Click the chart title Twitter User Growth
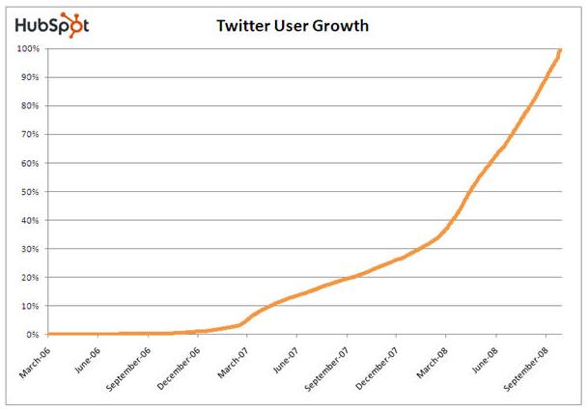(293, 26)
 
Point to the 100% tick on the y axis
(27, 48)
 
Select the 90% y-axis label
(29, 77)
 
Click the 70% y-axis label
(29, 134)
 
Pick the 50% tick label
(29, 191)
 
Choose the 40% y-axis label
(29, 220)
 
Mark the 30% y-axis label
(29, 249)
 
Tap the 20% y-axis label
(29, 277)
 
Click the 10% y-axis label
(29, 306)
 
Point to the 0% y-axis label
(32, 335)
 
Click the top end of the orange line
(560, 49)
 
